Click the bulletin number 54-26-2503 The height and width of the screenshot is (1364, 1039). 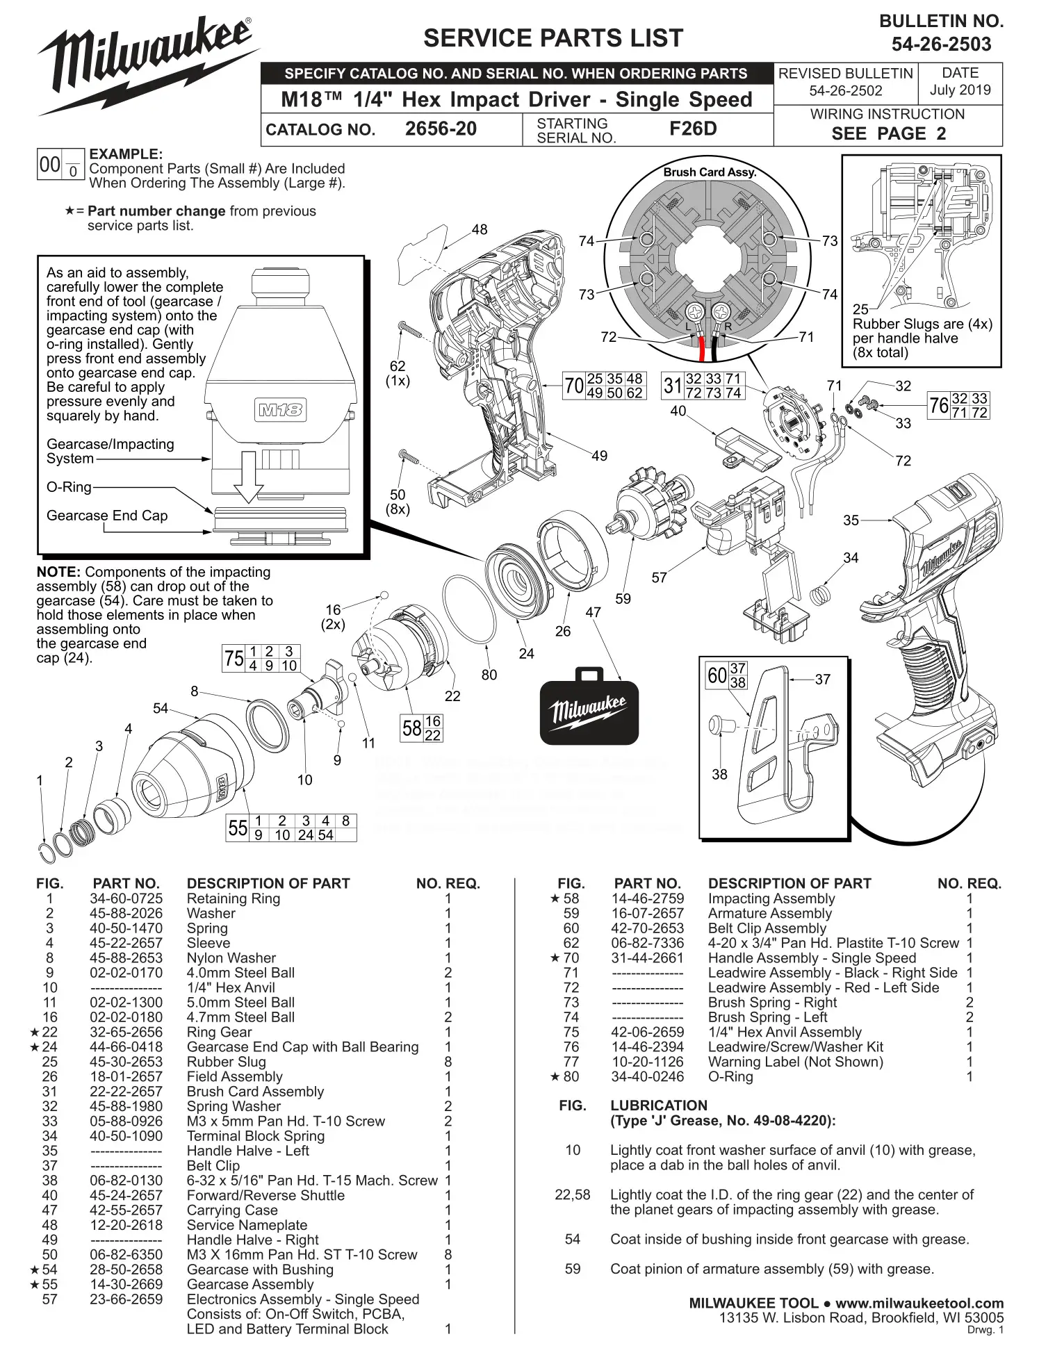[x=941, y=44]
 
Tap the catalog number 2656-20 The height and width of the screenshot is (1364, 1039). [x=441, y=129]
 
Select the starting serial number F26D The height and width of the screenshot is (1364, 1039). [x=692, y=129]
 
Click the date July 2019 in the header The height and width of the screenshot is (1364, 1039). [x=960, y=90]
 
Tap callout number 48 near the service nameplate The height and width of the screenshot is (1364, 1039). [x=480, y=229]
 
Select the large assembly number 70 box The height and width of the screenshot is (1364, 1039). [x=574, y=386]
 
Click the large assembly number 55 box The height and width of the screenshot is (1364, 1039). [x=238, y=828]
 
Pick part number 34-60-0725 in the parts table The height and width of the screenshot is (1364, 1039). [x=126, y=898]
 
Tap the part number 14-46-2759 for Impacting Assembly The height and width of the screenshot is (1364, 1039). [x=647, y=898]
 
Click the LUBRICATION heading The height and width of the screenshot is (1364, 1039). [x=658, y=1106]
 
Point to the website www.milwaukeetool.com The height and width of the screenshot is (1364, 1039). [x=919, y=1303]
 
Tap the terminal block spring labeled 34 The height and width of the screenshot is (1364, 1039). [x=822, y=595]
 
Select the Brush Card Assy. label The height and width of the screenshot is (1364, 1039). [x=709, y=172]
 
